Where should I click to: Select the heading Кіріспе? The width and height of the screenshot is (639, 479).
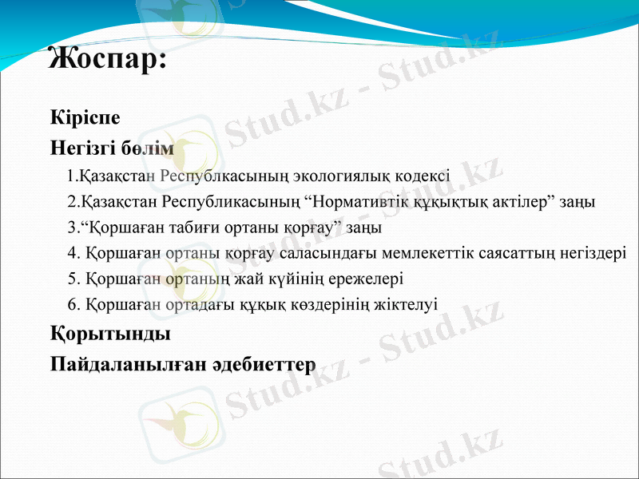[x=85, y=117]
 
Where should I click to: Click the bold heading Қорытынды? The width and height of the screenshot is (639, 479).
[x=110, y=331]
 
